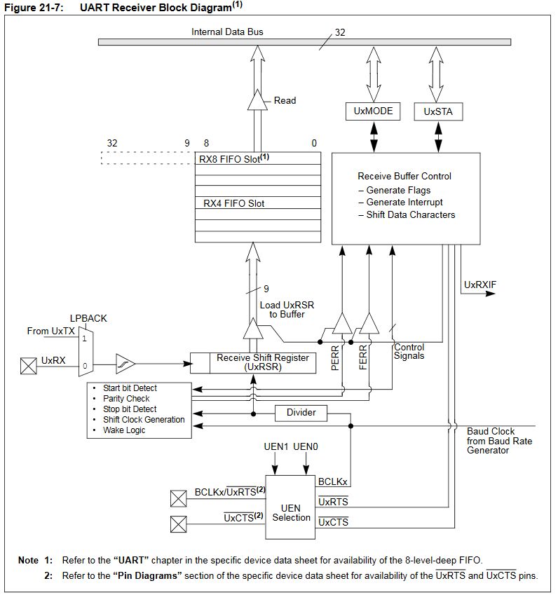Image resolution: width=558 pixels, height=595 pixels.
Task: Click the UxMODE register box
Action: pos(373,111)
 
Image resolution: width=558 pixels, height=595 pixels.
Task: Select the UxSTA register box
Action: pos(439,111)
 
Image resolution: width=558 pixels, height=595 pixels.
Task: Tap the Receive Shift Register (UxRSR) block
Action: pos(253,362)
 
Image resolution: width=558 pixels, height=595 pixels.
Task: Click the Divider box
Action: pos(301,413)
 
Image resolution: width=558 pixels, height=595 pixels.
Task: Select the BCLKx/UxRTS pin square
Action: pos(178,498)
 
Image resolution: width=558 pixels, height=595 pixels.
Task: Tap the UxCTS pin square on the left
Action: pos(178,522)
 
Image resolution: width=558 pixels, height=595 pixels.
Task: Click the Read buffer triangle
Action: pos(257,102)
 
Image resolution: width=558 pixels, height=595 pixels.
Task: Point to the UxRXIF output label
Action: pos(480,285)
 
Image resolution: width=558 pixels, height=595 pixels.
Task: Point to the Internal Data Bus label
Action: pos(227,32)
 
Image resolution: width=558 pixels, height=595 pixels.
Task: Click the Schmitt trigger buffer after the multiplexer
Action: pos(125,364)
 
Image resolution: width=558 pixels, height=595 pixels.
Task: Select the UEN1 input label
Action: pos(277,446)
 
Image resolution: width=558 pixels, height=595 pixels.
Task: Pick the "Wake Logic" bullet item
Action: pos(124,430)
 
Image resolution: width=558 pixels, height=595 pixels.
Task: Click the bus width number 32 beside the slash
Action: pos(340,32)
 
